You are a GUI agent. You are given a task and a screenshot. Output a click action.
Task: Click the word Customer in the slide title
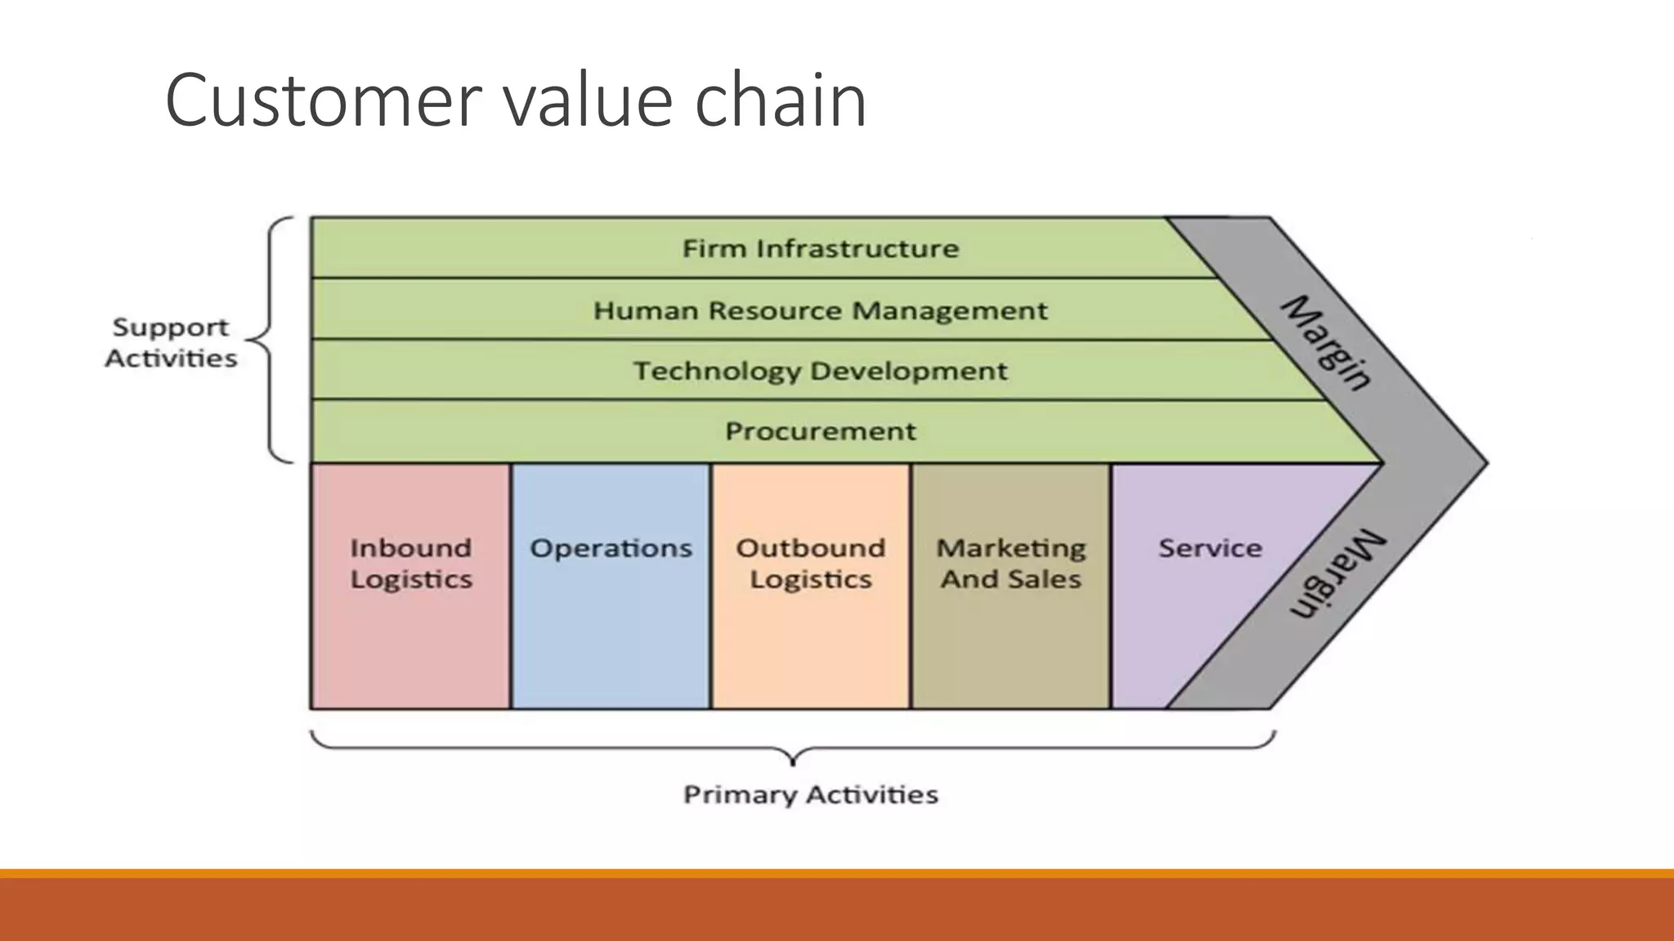[x=321, y=101]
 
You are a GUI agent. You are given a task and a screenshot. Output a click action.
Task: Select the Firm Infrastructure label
[x=821, y=248]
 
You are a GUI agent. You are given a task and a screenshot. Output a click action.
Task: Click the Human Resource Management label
[x=821, y=310]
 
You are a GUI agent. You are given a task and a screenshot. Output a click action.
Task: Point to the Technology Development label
[x=821, y=371]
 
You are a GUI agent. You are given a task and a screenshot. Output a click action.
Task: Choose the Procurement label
[x=821, y=431]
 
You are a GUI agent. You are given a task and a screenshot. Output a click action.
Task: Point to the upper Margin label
[x=1326, y=343]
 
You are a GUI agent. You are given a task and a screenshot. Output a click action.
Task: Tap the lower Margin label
[x=1337, y=575]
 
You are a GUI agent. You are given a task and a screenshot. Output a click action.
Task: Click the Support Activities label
[x=171, y=343]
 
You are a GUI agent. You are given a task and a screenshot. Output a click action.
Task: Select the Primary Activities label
[x=811, y=795]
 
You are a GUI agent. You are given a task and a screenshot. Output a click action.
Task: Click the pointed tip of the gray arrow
[x=1484, y=462]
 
